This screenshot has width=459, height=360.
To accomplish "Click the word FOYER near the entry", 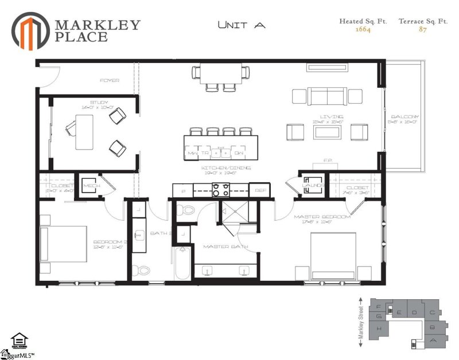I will [x=109, y=81].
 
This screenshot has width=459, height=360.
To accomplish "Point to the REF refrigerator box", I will [x=259, y=190].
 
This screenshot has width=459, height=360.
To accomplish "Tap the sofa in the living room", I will [x=328, y=95].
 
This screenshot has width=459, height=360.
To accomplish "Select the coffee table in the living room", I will [x=328, y=132].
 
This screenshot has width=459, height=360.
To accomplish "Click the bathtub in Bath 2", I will [x=182, y=263].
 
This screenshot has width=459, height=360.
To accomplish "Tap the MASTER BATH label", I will [x=225, y=246].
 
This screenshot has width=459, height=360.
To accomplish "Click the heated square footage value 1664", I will [x=363, y=30].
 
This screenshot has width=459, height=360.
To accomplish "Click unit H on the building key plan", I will [x=379, y=329].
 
